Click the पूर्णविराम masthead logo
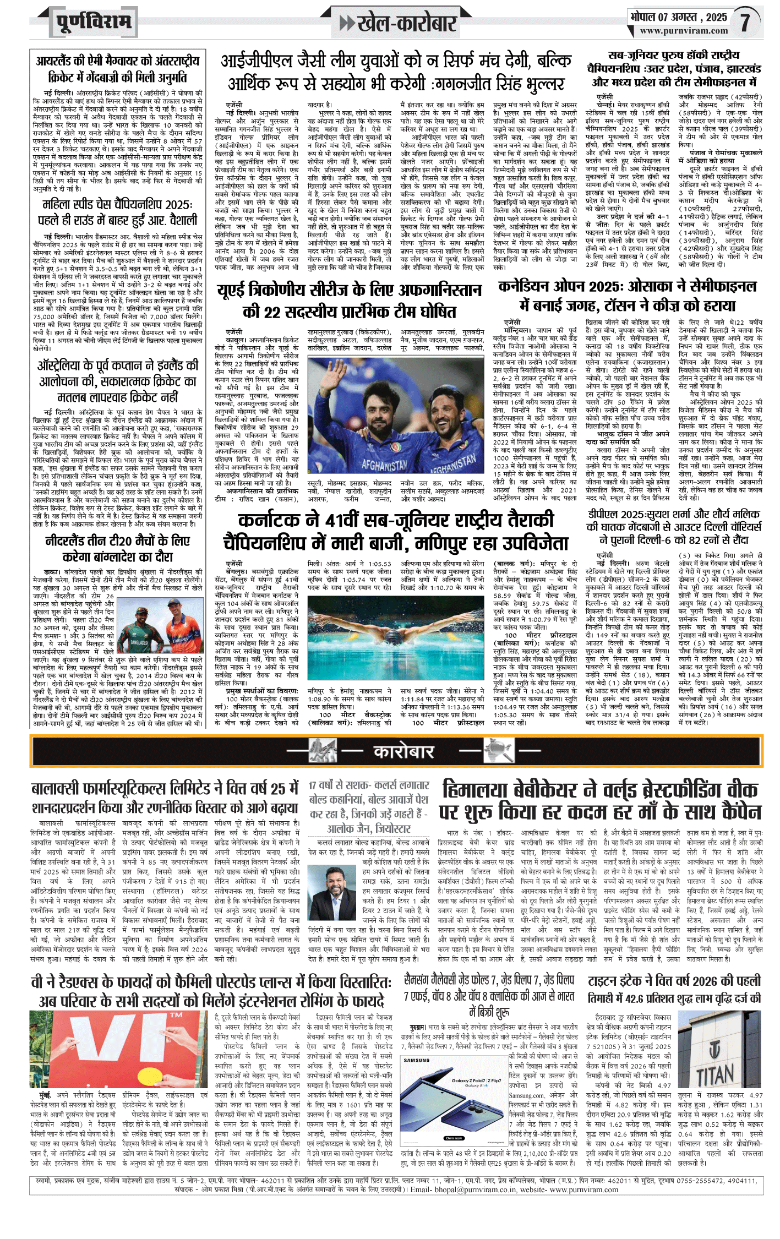click(x=94, y=22)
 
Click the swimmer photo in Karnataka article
click(x=395, y=637)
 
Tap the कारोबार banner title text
click(x=403, y=751)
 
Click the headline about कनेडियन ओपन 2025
click(x=627, y=296)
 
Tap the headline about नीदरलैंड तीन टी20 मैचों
click(x=117, y=549)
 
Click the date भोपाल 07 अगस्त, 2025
click(x=679, y=17)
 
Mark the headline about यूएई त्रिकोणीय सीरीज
click(x=349, y=301)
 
